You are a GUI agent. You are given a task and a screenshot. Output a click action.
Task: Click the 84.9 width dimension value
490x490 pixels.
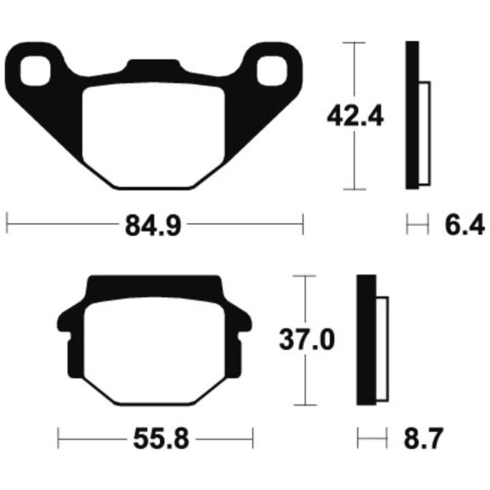tap(153, 225)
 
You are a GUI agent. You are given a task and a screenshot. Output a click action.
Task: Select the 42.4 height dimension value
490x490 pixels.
tap(355, 116)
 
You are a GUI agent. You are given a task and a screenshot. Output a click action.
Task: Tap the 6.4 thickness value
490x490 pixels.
tap(465, 225)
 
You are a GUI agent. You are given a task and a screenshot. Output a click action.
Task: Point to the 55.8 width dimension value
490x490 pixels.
tap(161, 440)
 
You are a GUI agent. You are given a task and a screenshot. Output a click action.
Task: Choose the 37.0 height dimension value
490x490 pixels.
tap(306, 340)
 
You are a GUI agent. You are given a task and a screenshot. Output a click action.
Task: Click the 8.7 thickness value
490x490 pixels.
tap(423, 439)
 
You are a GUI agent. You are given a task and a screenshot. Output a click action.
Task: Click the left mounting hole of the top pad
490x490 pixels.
tap(35, 71)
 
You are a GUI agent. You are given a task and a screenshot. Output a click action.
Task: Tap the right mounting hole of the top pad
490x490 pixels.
tap(272, 71)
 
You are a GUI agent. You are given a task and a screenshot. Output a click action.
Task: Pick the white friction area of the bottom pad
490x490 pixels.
tap(154, 350)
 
